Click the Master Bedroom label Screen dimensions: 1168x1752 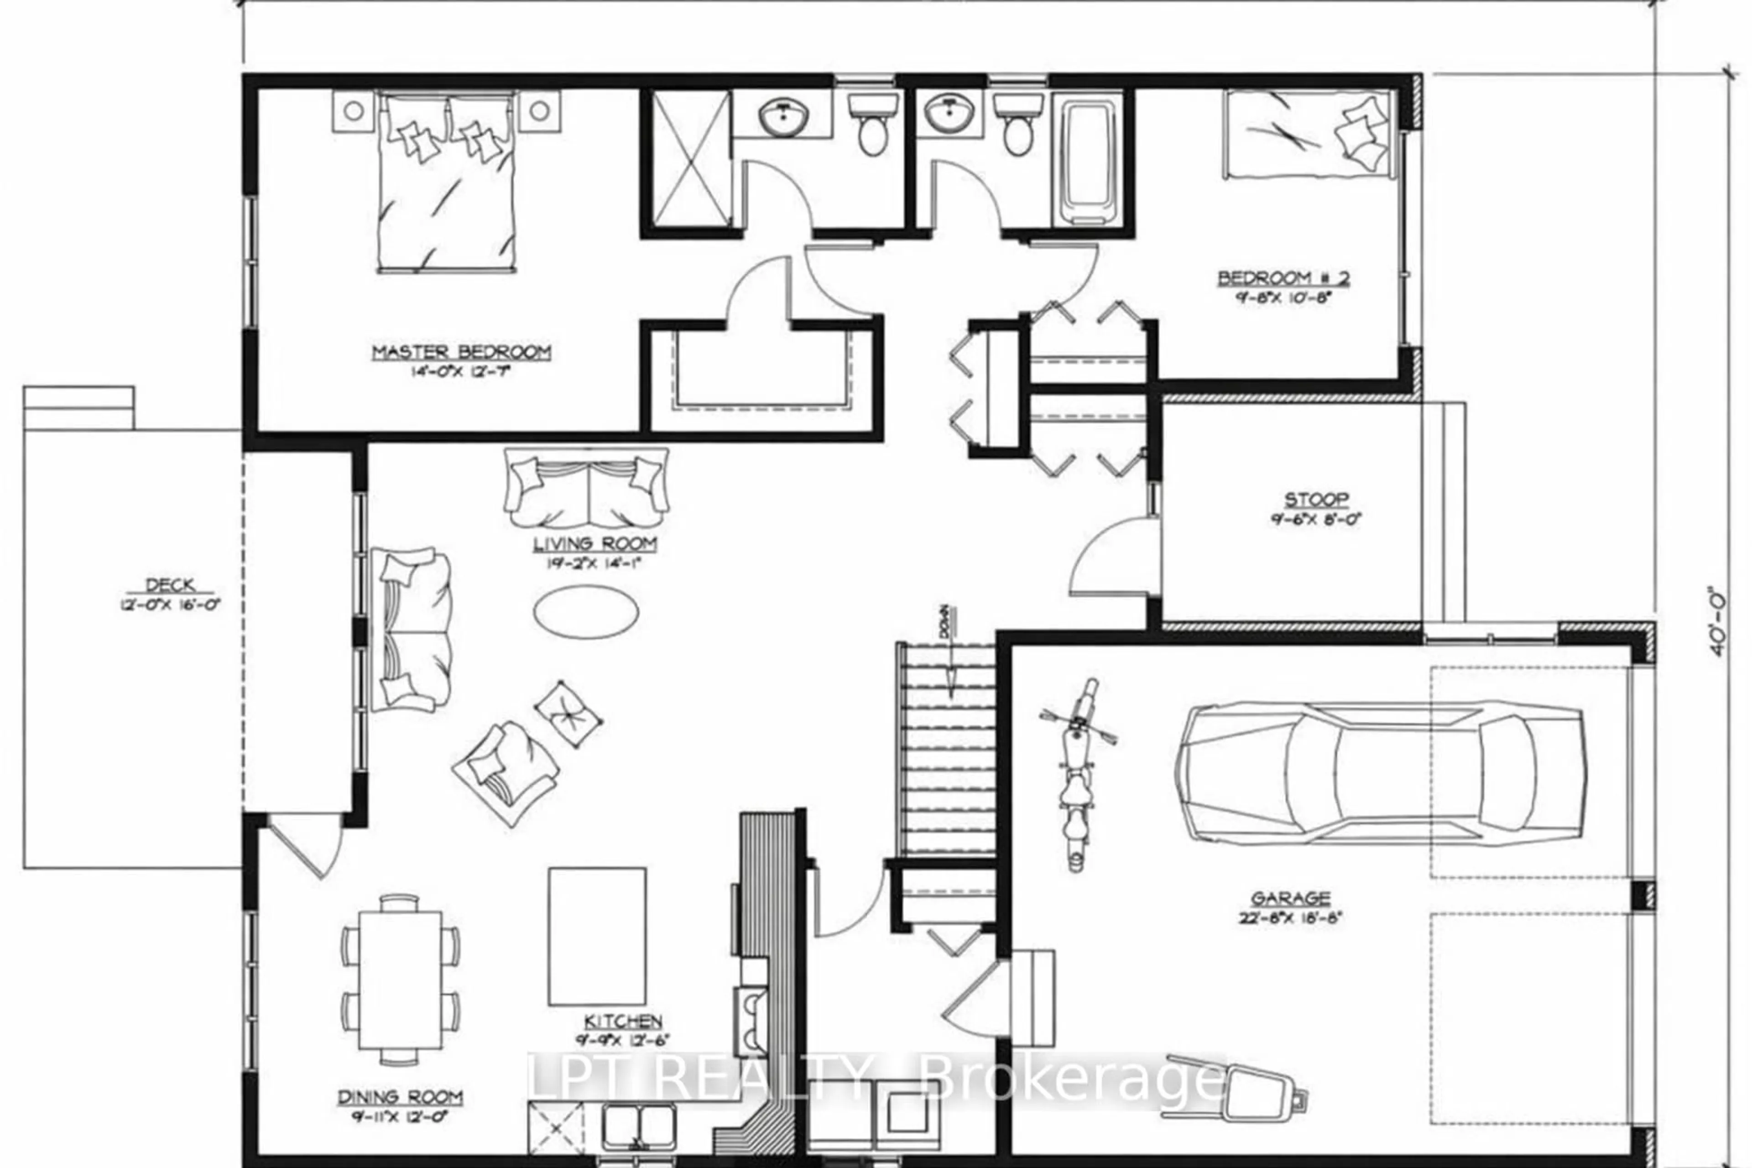(461, 352)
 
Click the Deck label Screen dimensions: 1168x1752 (171, 585)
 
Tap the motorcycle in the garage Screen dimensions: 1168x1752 (1077, 775)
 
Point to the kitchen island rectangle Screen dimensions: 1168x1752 (597, 936)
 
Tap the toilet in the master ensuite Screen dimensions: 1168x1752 (869, 128)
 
